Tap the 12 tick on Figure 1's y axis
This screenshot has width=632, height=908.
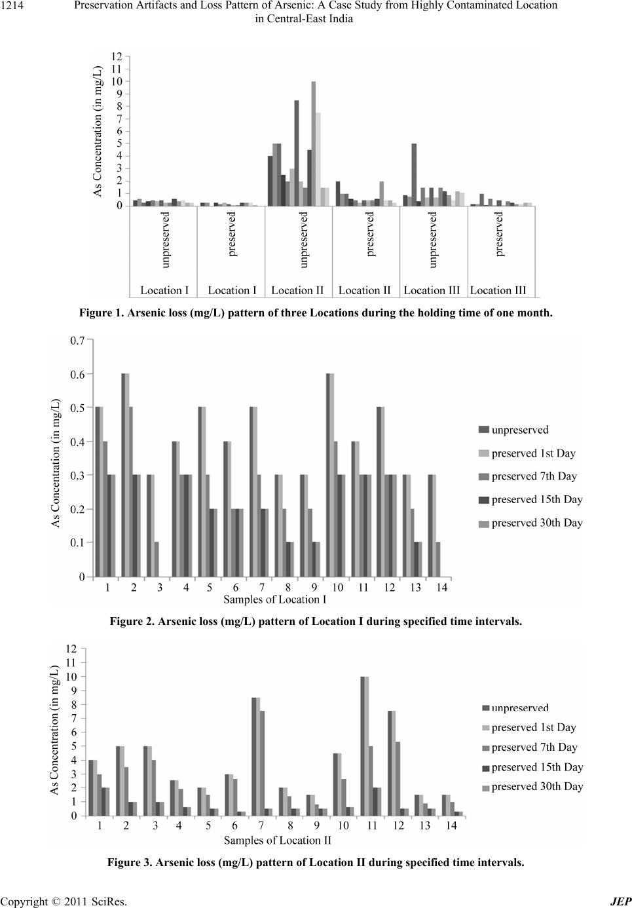(x=116, y=57)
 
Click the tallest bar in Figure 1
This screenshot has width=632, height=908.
(x=314, y=143)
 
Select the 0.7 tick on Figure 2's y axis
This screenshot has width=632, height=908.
(x=77, y=341)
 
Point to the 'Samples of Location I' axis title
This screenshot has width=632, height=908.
(x=274, y=599)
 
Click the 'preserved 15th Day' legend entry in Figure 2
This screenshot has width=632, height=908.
(x=536, y=499)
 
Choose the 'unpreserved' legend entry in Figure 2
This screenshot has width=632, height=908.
(x=519, y=430)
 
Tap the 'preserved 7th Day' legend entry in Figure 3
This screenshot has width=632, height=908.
(x=534, y=747)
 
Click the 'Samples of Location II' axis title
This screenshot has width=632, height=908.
(x=277, y=840)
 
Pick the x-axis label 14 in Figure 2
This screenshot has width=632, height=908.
(x=442, y=587)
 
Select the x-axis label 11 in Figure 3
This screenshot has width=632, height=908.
(x=372, y=826)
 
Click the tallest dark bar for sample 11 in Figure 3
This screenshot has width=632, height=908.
(x=363, y=746)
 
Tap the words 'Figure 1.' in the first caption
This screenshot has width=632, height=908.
(x=100, y=313)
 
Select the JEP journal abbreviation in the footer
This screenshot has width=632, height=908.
(x=620, y=901)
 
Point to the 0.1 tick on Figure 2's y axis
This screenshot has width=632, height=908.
(x=77, y=542)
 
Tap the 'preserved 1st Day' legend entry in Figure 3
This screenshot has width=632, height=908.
(x=533, y=727)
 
